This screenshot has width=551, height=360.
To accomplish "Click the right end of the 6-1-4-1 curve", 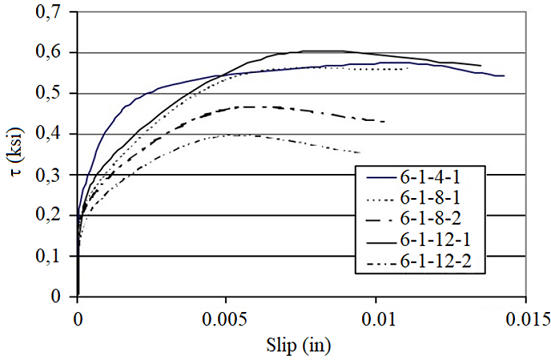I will [x=505, y=75].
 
